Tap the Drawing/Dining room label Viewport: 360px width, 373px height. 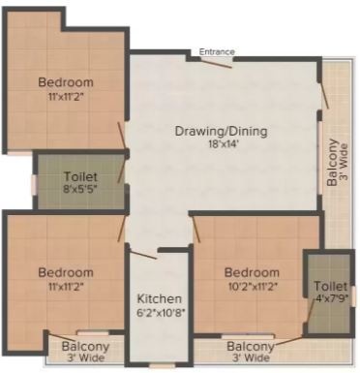click(222, 131)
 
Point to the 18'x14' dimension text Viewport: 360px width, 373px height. click(221, 144)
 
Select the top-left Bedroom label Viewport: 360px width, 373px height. click(66, 81)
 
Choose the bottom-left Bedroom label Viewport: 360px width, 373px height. click(66, 273)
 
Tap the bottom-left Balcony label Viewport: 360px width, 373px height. click(85, 347)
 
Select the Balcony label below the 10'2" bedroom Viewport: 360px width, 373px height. click(250, 346)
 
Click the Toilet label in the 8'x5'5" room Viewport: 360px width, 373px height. click(79, 177)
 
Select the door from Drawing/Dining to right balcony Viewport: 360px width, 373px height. click(324, 93)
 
